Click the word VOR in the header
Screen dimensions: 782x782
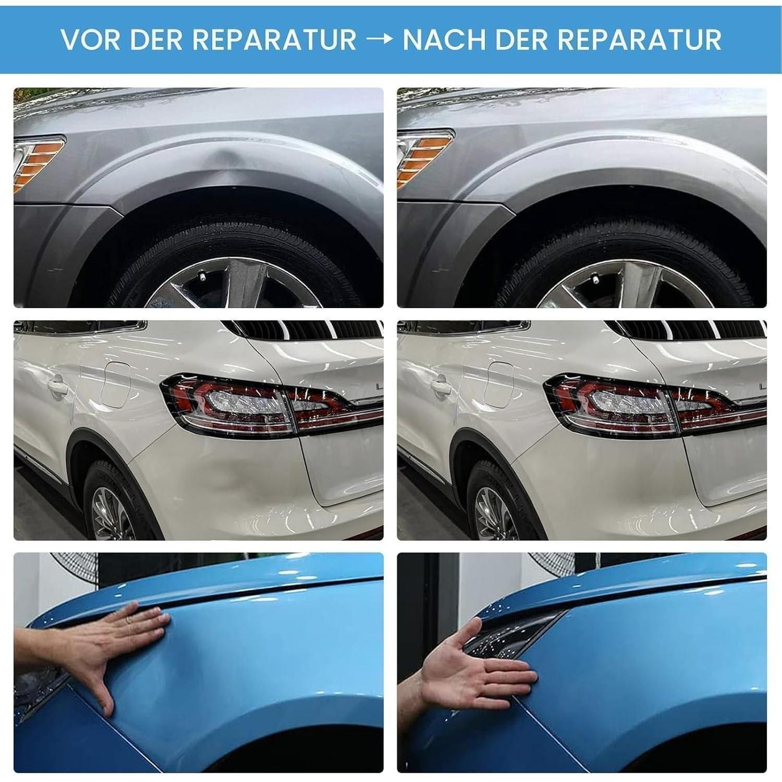(89, 40)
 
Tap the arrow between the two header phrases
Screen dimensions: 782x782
(379, 40)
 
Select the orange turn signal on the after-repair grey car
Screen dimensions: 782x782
(423, 159)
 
